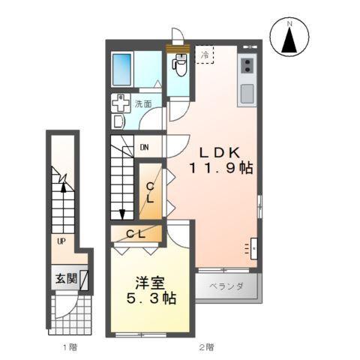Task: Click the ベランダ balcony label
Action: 229,286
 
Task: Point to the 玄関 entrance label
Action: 65,279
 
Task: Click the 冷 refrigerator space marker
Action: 204,54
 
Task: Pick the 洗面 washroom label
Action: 143,104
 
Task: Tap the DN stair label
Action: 144,147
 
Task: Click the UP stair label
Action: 60,241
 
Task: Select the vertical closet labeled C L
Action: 151,193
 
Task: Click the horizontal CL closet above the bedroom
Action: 136,234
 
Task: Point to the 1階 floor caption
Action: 69,347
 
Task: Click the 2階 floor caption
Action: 206,347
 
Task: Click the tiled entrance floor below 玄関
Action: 69,313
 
